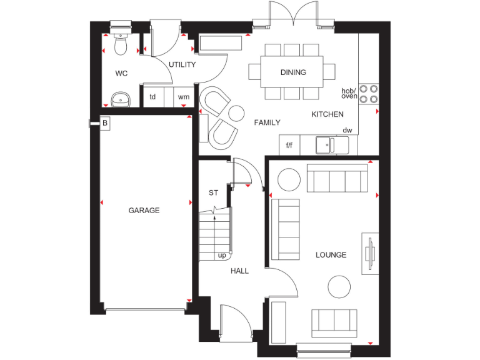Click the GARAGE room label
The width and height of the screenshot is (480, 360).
144,211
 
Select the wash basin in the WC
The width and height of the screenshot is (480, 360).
120,99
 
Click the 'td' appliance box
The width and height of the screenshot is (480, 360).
152,97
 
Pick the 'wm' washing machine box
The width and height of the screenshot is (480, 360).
183,97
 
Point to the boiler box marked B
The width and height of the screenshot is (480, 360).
105,124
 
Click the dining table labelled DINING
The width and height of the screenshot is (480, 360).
293,72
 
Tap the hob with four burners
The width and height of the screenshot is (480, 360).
369,93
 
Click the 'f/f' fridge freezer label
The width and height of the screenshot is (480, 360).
289,146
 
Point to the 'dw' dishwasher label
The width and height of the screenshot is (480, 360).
347,130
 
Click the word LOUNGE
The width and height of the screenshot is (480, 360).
331,255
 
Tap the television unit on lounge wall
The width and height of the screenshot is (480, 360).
370,253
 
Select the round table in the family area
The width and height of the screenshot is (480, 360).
236,113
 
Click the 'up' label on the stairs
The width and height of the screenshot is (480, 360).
221,255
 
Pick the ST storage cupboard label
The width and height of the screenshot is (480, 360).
213,192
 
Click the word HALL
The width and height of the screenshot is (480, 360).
239,271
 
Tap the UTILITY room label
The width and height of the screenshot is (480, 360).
182,65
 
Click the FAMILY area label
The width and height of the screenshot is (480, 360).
267,122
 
